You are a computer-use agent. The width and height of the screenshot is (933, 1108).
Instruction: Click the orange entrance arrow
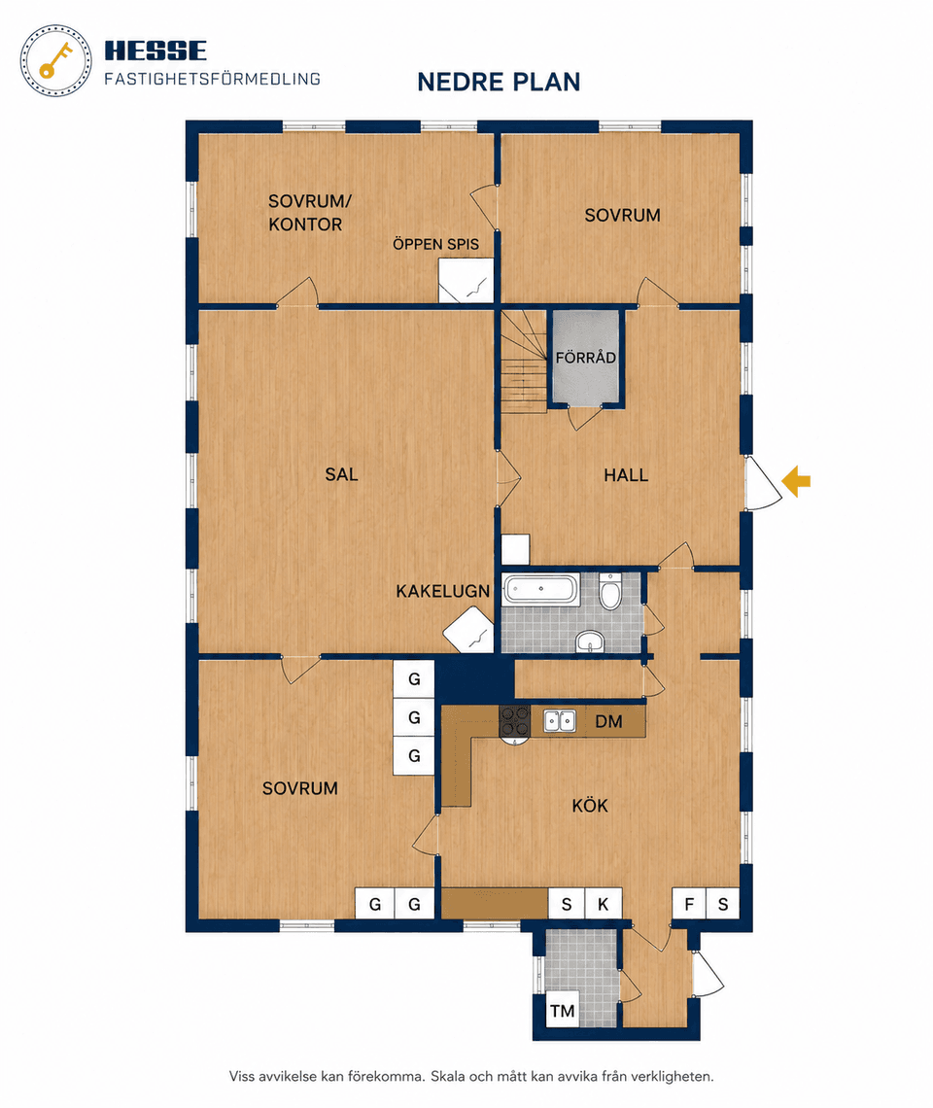pos(796,481)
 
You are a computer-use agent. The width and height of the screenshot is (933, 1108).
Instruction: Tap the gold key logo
pos(55,61)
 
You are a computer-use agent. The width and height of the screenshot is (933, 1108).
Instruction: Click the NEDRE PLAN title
pos(499,82)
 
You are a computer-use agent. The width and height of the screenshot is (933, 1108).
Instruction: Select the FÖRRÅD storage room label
pos(585,358)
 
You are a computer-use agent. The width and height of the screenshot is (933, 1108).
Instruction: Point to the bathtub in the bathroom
pos(540,589)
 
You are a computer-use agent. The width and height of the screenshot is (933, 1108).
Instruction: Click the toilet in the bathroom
pos(610,592)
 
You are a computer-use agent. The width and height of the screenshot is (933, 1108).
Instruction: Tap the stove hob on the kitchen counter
pos(514,721)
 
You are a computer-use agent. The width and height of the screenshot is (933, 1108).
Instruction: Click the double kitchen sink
pos(559,721)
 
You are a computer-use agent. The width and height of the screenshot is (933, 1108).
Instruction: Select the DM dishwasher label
pos(608,721)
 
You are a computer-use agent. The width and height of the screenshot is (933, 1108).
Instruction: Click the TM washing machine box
pos(563,1011)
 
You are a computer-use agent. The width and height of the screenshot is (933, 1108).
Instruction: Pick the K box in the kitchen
pos(603,904)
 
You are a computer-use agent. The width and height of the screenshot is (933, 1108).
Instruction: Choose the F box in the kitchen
pos(689,904)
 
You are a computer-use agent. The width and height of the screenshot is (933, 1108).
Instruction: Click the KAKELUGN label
pos(442,592)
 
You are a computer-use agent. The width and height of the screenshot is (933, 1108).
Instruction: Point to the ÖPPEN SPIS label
pos(436,245)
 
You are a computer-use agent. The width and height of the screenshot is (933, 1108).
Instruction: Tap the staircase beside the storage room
pos(524,362)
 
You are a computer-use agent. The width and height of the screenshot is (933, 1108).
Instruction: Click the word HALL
pos(626,475)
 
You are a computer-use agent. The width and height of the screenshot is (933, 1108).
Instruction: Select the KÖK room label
pos(590,806)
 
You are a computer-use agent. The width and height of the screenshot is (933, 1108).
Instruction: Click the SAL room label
pos(341,474)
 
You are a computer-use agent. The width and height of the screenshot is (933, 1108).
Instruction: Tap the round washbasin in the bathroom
pos(590,641)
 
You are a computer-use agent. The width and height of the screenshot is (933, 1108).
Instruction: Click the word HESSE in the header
pos(155,51)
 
